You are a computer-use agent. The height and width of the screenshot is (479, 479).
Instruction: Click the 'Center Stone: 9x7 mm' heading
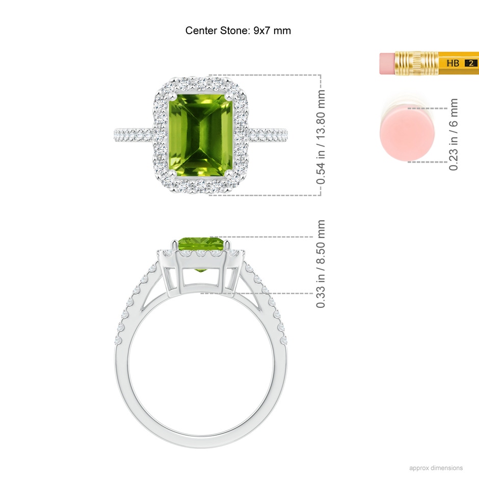click(238, 31)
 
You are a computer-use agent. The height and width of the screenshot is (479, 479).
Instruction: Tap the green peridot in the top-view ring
click(201, 136)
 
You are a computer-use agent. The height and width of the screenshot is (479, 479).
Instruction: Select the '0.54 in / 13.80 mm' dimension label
click(321, 137)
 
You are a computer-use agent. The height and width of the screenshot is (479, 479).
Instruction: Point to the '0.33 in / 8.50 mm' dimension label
click(321, 263)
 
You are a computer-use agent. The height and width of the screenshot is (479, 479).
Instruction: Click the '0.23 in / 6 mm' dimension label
click(454, 135)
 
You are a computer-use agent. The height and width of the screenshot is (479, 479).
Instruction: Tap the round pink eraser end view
click(407, 133)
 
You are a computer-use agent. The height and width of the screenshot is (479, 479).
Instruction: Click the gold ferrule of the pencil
click(416, 63)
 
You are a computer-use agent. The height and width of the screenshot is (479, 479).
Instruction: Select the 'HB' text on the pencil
click(453, 63)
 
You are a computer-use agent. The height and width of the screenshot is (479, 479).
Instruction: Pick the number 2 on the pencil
click(471, 63)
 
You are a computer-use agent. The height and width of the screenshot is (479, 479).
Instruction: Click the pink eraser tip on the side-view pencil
click(387, 64)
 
